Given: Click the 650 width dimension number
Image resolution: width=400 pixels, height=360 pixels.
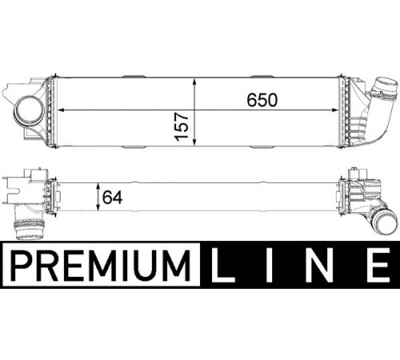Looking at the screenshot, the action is point(262,100).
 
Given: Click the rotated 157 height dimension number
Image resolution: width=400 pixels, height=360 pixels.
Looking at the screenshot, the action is point(182,126).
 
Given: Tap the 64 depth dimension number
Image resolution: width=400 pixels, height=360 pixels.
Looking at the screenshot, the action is point(112,198).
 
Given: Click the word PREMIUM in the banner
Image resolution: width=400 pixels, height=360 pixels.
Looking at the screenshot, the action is point(101,265).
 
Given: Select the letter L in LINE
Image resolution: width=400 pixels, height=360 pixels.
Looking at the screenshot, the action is point(223,265).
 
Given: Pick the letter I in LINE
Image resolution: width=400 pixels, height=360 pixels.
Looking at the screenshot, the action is point(270,265).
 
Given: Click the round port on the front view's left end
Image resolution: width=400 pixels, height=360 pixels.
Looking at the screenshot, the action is point(30,111).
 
